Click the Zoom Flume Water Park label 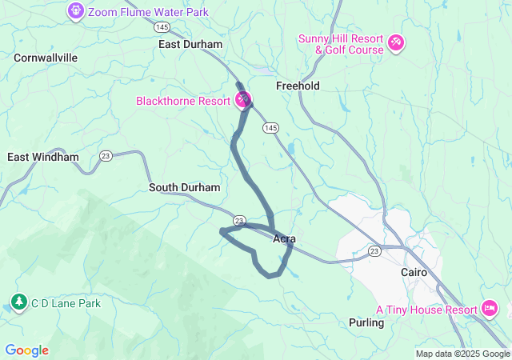coord(148,12)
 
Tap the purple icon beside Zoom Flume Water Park coord(76,11)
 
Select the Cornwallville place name coord(46,58)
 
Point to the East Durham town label coord(190,45)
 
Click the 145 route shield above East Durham coord(162,28)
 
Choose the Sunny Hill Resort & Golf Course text coord(342,45)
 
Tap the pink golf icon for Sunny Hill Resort coord(397,42)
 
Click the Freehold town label coord(298,86)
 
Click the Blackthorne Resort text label coord(182,101)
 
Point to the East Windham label coord(43,158)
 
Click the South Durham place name coord(184,187)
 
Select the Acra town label coord(285,238)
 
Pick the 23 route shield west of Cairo coord(374,251)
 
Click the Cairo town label coord(414,272)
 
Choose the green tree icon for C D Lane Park coord(18,303)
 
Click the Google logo coord(26,350)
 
